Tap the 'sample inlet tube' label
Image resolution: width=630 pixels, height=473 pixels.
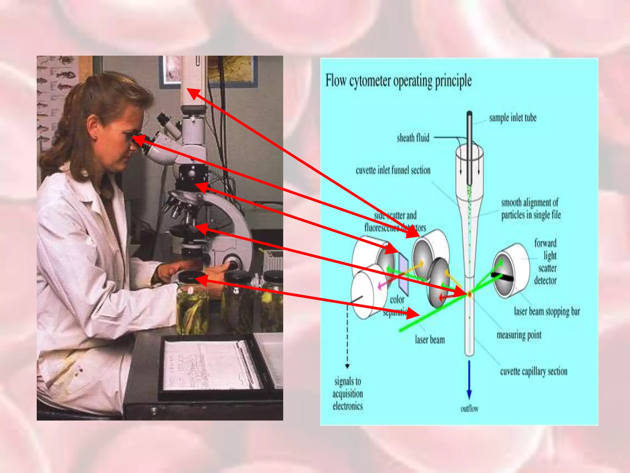point(512,118)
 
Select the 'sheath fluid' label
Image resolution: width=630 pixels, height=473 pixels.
point(413,138)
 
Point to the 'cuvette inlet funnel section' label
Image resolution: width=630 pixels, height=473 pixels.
point(393,170)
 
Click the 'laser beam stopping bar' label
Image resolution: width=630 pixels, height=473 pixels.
point(547,312)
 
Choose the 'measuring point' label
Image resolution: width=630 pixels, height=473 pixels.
point(519,335)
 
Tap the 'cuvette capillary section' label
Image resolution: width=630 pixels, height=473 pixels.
point(533,372)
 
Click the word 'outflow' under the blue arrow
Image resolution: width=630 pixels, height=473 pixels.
point(469,409)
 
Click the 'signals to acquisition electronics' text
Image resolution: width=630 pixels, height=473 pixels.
point(348,394)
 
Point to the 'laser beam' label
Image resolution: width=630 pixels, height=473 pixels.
point(430,340)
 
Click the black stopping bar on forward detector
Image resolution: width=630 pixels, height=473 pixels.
point(502,276)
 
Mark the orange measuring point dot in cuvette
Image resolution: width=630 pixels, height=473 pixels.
point(470,295)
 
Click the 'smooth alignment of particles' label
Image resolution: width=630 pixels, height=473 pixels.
point(531,209)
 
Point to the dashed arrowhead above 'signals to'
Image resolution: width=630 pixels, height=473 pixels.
point(347,366)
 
